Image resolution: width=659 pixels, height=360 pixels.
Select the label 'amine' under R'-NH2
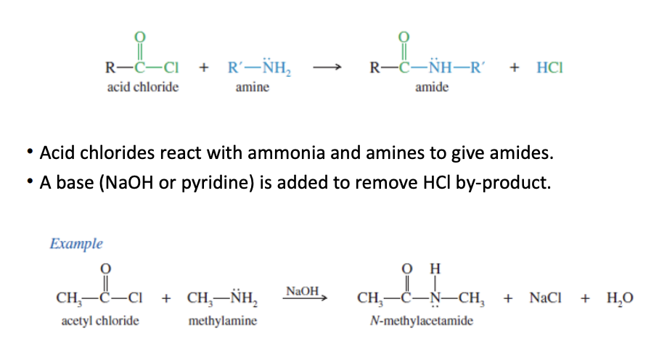(252, 87)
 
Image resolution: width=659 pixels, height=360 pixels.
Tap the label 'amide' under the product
(431, 87)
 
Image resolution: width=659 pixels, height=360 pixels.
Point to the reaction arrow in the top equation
(327, 68)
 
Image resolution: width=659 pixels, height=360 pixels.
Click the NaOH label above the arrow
(302, 291)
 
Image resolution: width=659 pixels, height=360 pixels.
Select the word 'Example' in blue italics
(76, 244)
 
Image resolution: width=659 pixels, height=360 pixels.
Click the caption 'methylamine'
(222, 320)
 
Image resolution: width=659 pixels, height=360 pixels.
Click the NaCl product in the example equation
(545, 298)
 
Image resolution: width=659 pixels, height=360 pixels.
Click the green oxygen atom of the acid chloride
(141, 36)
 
